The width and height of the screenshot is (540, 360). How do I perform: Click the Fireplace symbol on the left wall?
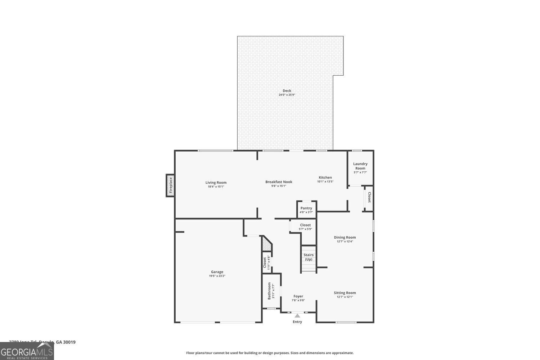171,185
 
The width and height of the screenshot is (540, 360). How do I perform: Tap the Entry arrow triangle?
297,316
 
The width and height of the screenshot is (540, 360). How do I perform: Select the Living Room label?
216,183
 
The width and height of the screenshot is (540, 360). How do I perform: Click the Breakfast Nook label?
279,182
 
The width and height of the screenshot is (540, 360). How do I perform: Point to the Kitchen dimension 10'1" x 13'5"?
325,182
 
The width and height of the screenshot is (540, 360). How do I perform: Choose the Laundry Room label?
360,166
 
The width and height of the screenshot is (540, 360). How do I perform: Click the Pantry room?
306,210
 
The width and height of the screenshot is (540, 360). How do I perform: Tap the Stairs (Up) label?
309,257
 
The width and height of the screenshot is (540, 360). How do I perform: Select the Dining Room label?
345,237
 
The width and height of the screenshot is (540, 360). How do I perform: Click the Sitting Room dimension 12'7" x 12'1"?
345,297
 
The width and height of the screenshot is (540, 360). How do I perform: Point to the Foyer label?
298,296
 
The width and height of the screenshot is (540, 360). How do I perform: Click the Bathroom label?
269,291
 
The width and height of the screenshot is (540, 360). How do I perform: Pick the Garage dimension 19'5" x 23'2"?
217,276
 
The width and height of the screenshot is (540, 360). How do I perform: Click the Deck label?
287,91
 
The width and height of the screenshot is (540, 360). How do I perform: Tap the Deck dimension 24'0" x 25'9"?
287,95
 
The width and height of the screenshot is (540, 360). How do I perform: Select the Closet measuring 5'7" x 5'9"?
305,227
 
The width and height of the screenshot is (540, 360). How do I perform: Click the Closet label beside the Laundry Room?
369,197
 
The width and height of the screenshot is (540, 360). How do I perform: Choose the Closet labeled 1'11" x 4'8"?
266,262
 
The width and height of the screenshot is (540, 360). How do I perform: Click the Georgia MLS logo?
27,352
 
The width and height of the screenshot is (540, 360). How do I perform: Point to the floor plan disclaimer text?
270,353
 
